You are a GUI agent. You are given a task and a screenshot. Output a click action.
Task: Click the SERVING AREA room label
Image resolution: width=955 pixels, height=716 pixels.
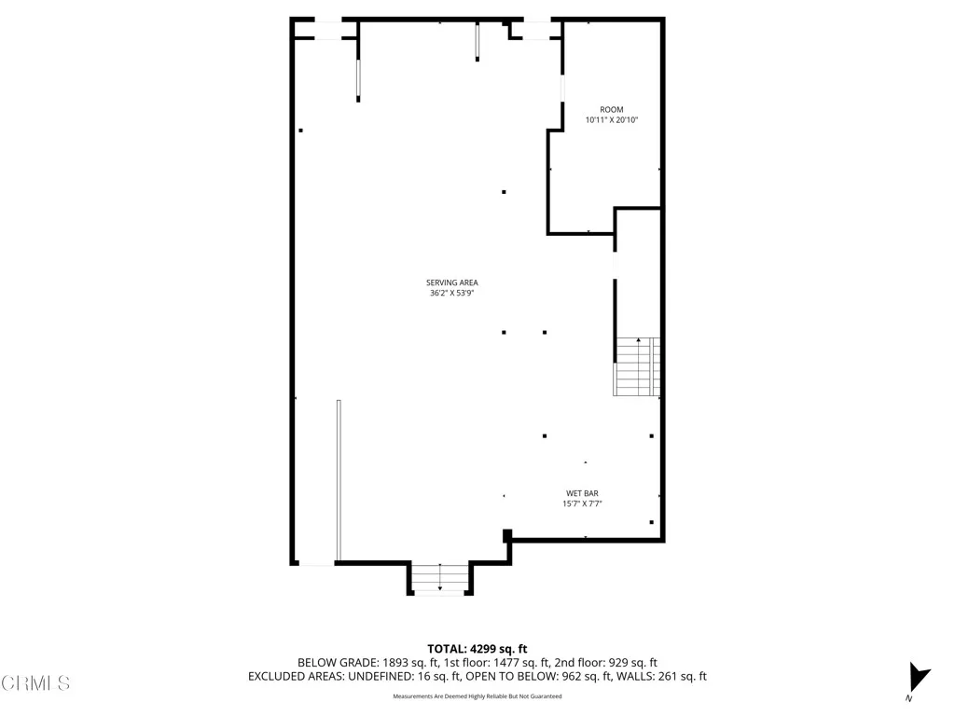coord(451,282)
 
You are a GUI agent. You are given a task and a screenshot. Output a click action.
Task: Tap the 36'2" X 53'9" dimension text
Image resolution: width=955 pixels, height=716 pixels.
coord(451,294)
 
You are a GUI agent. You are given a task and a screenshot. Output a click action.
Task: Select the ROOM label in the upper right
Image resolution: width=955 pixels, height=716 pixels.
coord(611,109)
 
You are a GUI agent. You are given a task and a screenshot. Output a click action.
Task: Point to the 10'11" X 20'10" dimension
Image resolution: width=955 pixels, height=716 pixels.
coord(611,120)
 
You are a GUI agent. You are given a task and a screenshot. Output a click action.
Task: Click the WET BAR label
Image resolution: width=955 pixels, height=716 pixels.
coord(582,493)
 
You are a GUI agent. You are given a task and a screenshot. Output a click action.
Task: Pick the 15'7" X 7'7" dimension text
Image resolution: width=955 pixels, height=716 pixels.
coord(582,504)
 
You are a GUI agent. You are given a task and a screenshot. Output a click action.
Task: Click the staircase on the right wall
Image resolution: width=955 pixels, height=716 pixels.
coord(637,366)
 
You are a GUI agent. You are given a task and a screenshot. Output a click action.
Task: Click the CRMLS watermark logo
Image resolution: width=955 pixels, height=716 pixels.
coord(35,683)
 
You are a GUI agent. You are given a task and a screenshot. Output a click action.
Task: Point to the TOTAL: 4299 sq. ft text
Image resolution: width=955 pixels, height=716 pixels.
coord(477,648)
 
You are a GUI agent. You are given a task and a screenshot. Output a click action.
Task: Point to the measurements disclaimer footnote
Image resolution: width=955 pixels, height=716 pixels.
coord(477,696)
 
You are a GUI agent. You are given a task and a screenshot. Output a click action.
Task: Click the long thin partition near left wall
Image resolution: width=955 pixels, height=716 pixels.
coord(339,480)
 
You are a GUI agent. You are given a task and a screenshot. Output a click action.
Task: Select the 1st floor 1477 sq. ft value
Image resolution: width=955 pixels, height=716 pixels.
coord(511,663)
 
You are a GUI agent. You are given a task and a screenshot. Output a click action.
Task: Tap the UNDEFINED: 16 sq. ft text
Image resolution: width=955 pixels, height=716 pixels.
coord(391,677)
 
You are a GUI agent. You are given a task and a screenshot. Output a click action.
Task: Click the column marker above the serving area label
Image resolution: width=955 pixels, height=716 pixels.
coord(504,192)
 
